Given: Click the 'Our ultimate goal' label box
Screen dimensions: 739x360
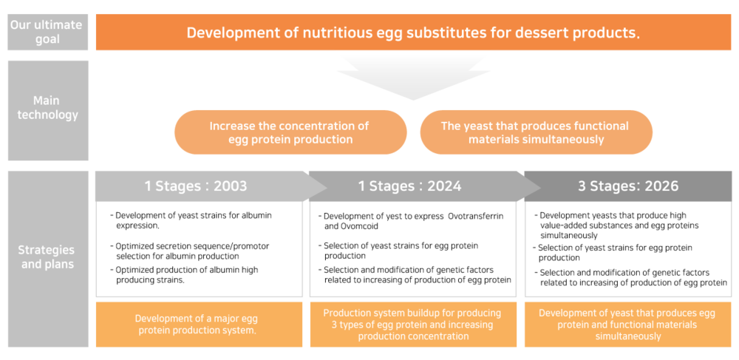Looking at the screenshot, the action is click(x=47, y=32).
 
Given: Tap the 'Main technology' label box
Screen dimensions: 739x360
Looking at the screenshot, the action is click(x=47, y=110).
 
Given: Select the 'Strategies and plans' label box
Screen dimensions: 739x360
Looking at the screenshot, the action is click(x=47, y=259).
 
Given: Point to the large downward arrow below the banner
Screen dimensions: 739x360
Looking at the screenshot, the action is click(x=413, y=78).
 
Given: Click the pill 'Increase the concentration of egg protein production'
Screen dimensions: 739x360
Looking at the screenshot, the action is click(x=290, y=132).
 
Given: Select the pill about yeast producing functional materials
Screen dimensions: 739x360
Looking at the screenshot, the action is click(x=535, y=132).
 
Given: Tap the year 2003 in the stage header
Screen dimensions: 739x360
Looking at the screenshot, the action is click(x=230, y=186).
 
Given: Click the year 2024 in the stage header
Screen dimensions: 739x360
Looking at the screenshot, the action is click(x=444, y=186).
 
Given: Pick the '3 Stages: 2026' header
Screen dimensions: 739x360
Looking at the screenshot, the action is click(x=628, y=186).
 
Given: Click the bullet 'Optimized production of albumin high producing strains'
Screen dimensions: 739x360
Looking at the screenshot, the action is click(x=184, y=274).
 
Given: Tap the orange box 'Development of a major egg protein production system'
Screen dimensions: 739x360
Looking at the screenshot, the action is click(x=199, y=325).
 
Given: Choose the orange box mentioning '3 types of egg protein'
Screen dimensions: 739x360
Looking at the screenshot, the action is click(x=413, y=325).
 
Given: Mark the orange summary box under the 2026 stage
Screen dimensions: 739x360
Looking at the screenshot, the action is click(x=628, y=325).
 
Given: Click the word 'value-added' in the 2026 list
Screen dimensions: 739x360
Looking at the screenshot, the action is click(x=563, y=225).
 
